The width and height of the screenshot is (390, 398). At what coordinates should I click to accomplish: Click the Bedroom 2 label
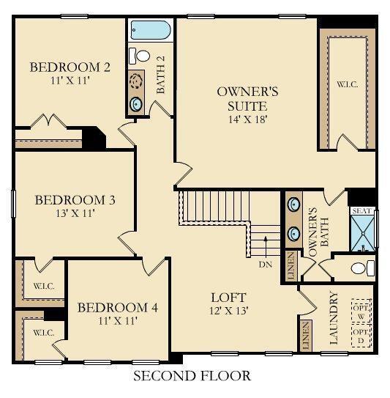(x=70, y=67)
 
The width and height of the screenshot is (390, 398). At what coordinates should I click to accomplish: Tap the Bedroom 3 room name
(x=75, y=199)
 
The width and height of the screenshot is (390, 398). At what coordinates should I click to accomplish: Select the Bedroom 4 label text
(x=117, y=306)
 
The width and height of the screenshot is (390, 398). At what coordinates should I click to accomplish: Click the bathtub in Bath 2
(x=150, y=32)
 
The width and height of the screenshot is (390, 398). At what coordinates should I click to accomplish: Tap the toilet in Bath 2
(x=138, y=55)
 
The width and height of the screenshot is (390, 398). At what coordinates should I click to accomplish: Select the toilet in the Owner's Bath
(x=361, y=267)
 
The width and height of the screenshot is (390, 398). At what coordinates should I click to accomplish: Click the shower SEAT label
(x=362, y=211)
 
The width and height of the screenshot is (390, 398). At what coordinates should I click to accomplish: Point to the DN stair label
(x=266, y=265)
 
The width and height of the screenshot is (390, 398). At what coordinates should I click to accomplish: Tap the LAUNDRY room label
(x=334, y=318)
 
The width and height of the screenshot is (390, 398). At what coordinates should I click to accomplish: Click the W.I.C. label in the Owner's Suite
(x=346, y=84)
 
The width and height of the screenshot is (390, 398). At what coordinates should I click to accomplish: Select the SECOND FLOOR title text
(x=192, y=376)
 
